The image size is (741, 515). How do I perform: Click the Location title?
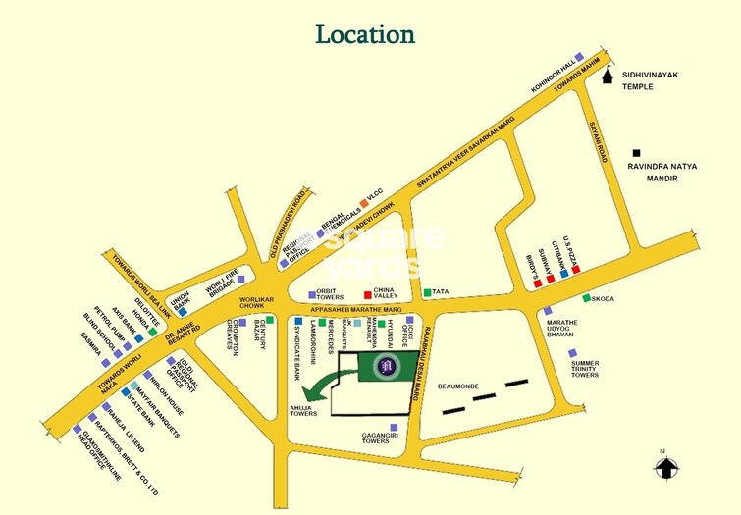click(364, 33)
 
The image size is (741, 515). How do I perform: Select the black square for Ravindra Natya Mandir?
click(637, 152)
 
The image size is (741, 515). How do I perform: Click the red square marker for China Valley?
click(368, 293)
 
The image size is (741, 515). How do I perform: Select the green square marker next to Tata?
click(427, 292)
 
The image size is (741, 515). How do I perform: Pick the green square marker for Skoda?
click(587, 298)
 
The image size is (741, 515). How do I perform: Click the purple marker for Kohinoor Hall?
click(579, 57)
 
